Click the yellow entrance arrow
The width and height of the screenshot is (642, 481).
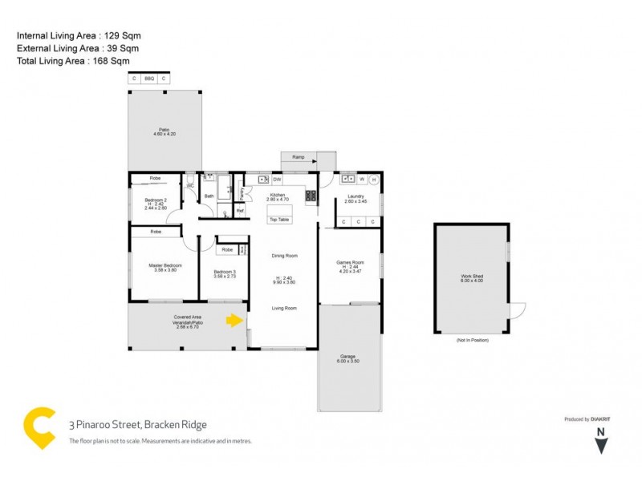tap(234, 321)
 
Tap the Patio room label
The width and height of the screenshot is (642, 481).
tap(165, 131)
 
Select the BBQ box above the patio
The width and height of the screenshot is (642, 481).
tap(149, 79)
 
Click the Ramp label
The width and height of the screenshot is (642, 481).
tap(298, 157)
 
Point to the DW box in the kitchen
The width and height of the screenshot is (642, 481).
tap(277, 180)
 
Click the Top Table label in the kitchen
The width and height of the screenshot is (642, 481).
tap(279, 219)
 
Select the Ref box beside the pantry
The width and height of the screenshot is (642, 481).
tap(240, 211)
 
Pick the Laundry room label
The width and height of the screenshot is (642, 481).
tap(356, 197)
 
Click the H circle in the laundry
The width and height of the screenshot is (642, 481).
tap(373, 180)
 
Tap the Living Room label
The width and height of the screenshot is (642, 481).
tap(284, 308)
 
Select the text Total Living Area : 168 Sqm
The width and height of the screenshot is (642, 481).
tap(73, 61)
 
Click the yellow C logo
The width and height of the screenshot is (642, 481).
tap(40, 426)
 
